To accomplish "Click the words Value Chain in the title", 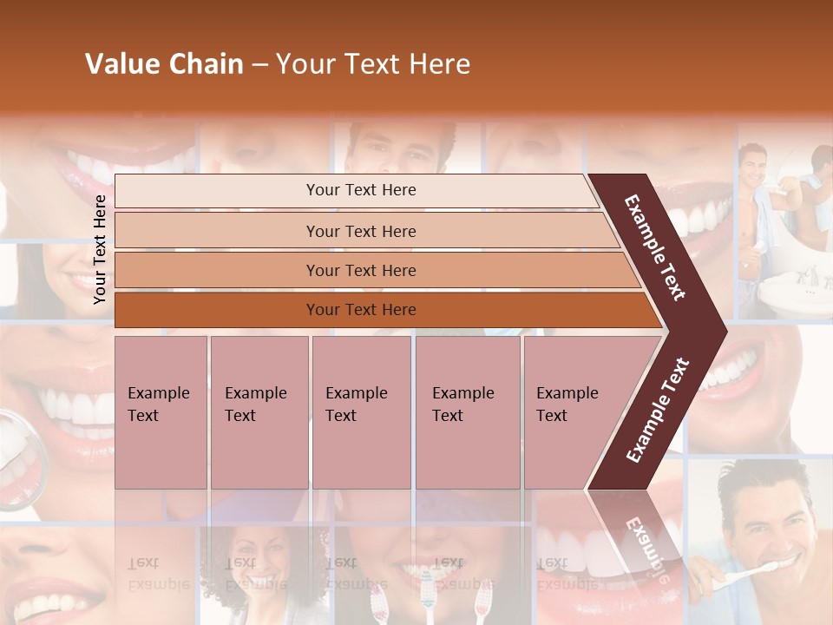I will pos(164,65).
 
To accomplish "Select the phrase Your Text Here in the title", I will pos(373,65).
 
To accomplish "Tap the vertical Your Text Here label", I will pos(100,249).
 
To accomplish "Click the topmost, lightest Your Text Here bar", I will pos(360,191).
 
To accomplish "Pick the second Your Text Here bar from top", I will pos(360,231).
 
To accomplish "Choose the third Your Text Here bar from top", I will pos(360,271).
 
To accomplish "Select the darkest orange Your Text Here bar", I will pos(360,310).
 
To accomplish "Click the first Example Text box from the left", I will pos(161,412).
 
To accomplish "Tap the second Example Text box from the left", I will pos(259,412).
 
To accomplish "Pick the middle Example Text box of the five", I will pos(361,412).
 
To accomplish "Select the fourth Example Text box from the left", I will pos(467,412).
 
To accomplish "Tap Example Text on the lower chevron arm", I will pos(657,411).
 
